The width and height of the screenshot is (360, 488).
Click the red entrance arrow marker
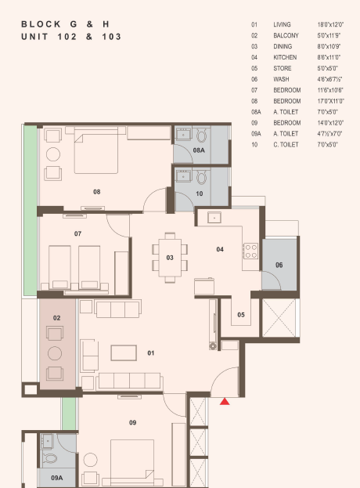(225, 402)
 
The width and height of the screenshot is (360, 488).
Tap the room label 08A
(199, 150)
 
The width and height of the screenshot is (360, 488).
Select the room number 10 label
(200, 193)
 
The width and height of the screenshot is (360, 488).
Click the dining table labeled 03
(170, 258)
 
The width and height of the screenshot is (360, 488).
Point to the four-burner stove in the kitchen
(251, 251)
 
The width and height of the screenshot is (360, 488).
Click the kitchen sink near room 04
(214, 218)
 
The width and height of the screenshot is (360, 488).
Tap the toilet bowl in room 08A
(202, 136)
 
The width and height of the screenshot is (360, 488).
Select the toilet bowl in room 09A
(49, 458)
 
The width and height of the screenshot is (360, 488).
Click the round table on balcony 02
(55, 353)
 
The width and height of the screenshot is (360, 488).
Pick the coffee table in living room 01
(124, 353)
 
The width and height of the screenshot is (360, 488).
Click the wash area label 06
(279, 265)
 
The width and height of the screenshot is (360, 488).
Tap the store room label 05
(241, 315)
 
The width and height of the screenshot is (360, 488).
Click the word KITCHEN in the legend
(285, 57)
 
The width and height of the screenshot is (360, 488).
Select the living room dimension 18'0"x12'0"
(330, 24)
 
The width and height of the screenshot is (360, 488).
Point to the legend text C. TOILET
(286, 144)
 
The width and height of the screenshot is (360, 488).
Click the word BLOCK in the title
(41, 24)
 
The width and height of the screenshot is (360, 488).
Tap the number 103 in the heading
(112, 37)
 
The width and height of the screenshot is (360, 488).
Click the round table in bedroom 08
(53, 154)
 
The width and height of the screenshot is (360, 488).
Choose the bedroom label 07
(77, 233)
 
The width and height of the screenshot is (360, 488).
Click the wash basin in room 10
(183, 177)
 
